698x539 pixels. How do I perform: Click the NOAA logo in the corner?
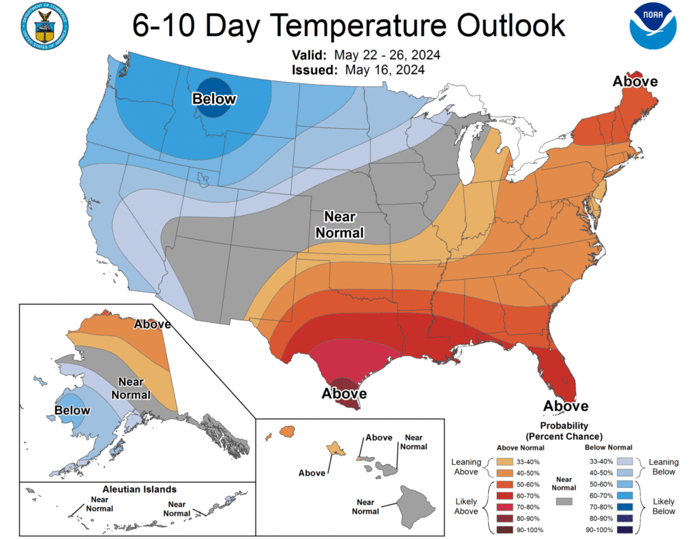(x=653, y=26)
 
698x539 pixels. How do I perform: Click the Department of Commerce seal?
(x=45, y=26)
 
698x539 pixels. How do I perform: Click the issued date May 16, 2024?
(x=384, y=70)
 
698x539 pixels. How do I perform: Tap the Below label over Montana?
(x=214, y=99)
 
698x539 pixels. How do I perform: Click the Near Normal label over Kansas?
(x=339, y=224)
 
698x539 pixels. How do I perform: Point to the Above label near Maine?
(x=635, y=82)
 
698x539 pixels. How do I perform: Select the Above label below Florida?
(x=566, y=406)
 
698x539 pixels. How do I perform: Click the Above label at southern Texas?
(x=344, y=394)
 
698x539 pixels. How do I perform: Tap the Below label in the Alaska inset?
(x=72, y=410)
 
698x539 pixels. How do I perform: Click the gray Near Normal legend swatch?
(x=564, y=501)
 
